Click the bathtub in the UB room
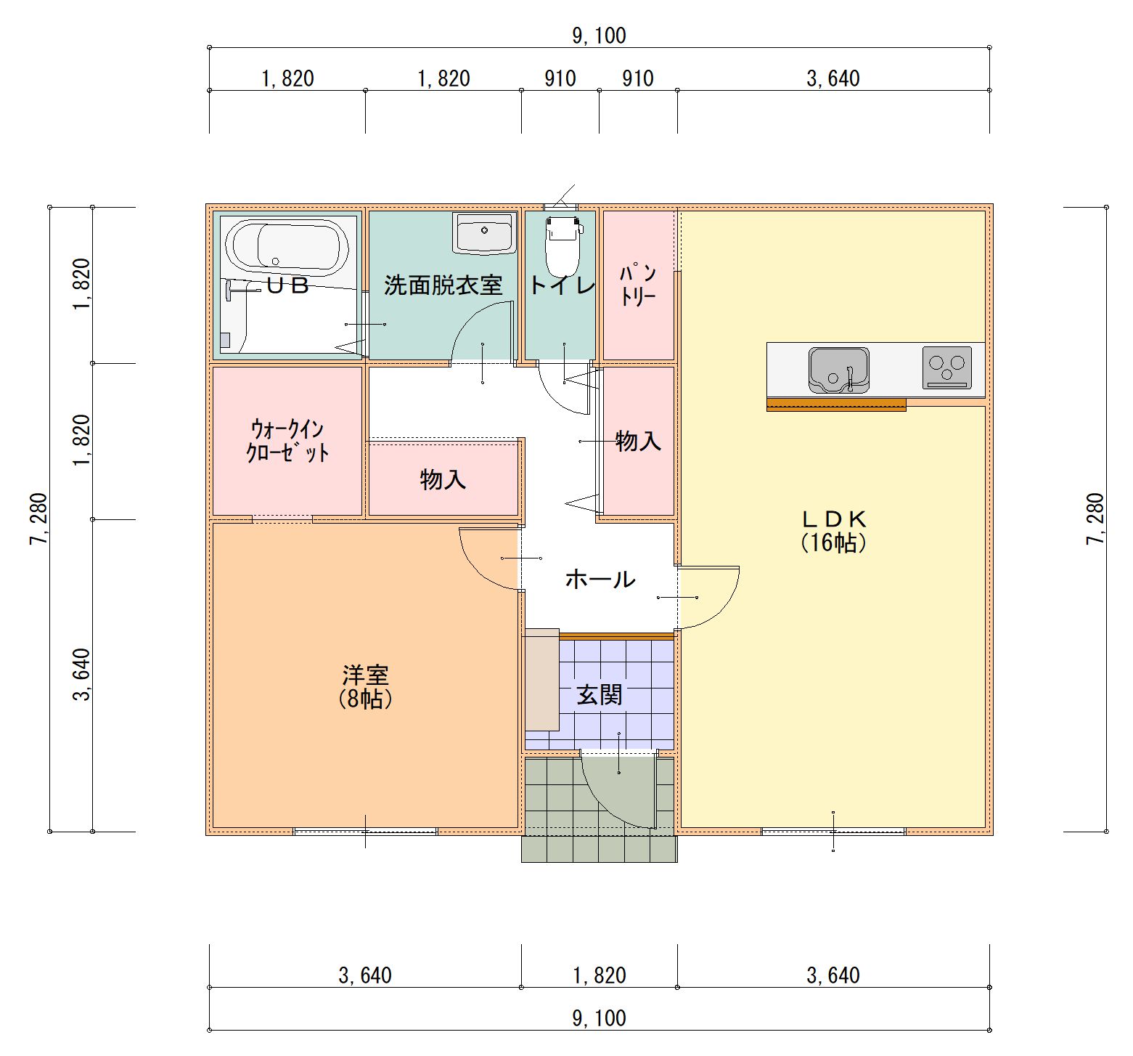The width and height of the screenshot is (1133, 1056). (286, 248)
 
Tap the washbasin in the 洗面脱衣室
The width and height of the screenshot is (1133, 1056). (484, 232)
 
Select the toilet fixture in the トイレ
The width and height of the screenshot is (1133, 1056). (563, 244)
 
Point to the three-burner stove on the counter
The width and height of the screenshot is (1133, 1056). (947, 367)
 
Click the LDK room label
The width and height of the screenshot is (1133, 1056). (834, 530)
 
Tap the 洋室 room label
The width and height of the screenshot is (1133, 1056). (365, 686)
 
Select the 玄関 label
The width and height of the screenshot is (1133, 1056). (600, 695)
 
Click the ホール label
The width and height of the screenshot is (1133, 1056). (600, 579)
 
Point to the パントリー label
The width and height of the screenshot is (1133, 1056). (638, 285)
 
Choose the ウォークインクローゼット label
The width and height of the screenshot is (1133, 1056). (287, 440)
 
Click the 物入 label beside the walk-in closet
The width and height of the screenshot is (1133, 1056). (443, 479)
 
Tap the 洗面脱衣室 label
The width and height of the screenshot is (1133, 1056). (443, 285)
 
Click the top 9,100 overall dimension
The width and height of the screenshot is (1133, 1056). (600, 36)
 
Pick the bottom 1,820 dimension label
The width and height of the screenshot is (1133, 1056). (600, 975)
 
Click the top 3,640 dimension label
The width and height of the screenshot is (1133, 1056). (833, 78)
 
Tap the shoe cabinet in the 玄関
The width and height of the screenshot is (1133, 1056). (542, 680)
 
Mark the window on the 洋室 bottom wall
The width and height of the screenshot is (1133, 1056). (365, 832)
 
